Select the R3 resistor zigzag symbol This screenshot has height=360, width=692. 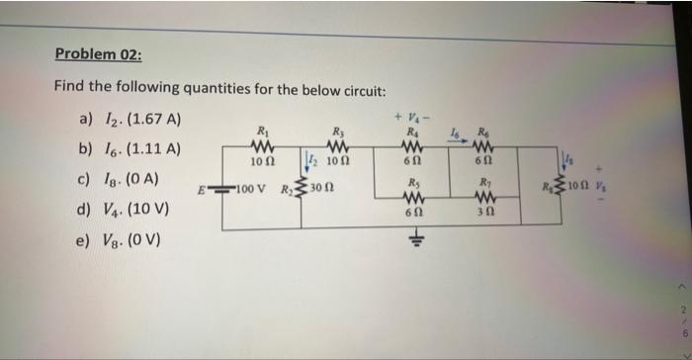click(x=338, y=145)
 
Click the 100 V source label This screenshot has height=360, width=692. click(x=251, y=187)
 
